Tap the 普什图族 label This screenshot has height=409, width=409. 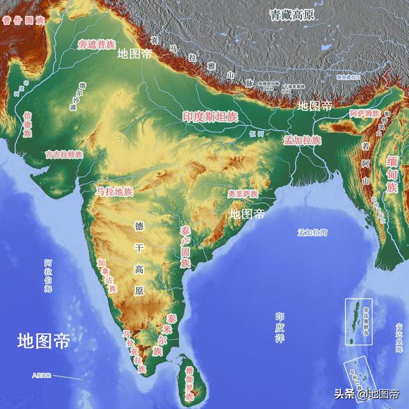[23, 20]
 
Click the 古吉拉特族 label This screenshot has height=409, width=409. [64, 155]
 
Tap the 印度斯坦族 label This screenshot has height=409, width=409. [210, 117]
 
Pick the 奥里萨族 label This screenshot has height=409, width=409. [243, 194]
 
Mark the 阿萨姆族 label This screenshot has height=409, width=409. [365, 113]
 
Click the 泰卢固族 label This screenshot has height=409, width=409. [185, 246]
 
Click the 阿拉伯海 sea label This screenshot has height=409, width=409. [49, 275]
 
